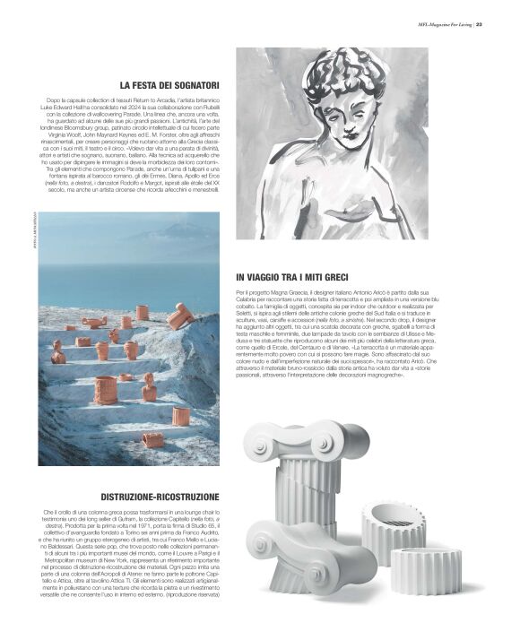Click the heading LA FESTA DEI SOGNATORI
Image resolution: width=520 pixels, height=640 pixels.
169,85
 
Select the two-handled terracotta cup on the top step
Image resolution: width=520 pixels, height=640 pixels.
94,322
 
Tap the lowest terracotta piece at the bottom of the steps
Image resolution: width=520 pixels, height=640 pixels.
152,439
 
